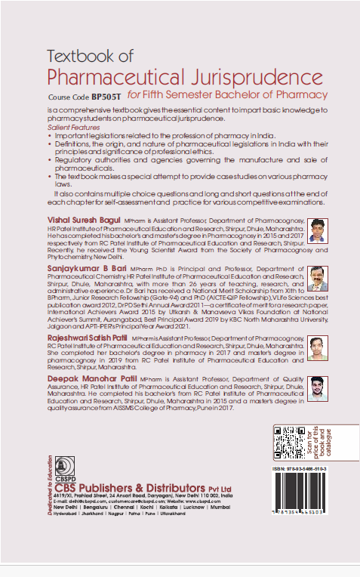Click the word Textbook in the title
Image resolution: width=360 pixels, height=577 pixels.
click(x=78, y=56)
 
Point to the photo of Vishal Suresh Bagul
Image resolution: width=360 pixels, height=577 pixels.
click(x=318, y=230)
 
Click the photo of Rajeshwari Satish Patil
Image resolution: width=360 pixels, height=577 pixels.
click(x=318, y=350)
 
